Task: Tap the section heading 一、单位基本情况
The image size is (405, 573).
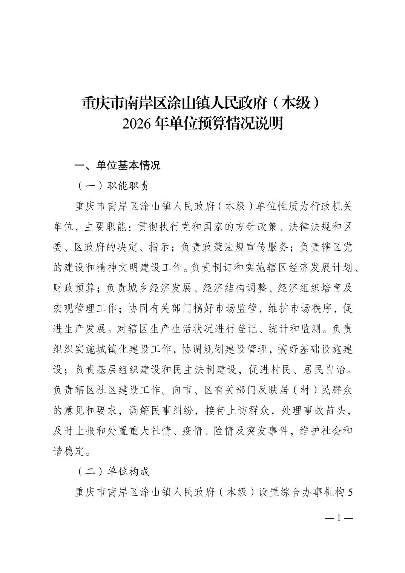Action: click(x=118, y=165)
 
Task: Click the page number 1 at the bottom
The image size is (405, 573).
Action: click(x=339, y=518)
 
